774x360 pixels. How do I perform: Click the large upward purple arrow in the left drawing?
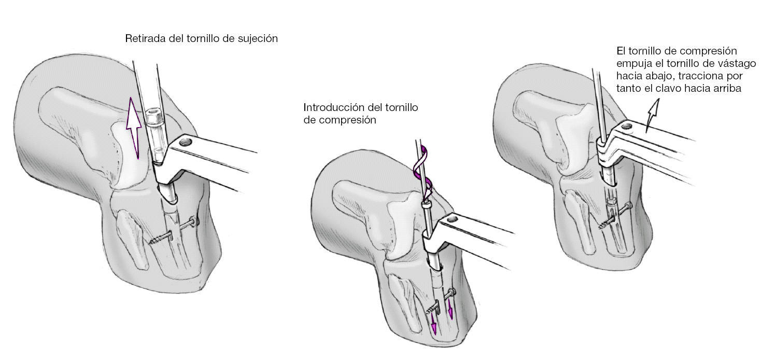coord(134,127)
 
